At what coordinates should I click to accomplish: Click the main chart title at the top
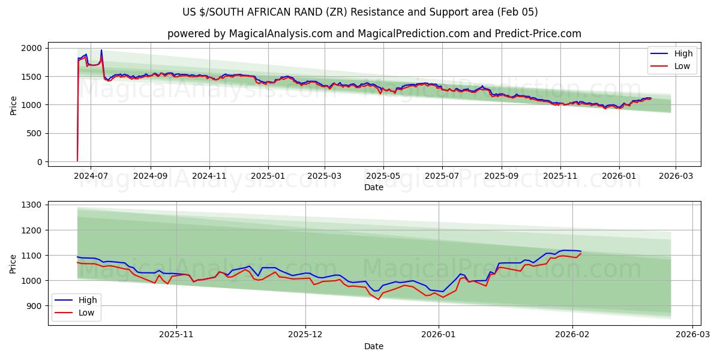[x=360, y=12]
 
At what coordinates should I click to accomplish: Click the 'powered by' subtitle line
[x=374, y=34]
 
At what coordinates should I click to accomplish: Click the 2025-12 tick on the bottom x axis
[x=305, y=334]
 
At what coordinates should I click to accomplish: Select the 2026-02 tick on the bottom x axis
[x=572, y=334]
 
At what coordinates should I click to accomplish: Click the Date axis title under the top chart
[x=374, y=187]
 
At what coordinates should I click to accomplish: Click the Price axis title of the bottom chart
[x=13, y=263]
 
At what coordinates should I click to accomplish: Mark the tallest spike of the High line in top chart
[x=101, y=50]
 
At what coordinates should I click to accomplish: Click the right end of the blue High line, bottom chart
[x=581, y=251]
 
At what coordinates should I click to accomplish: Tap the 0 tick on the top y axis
[x=40, y=162]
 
